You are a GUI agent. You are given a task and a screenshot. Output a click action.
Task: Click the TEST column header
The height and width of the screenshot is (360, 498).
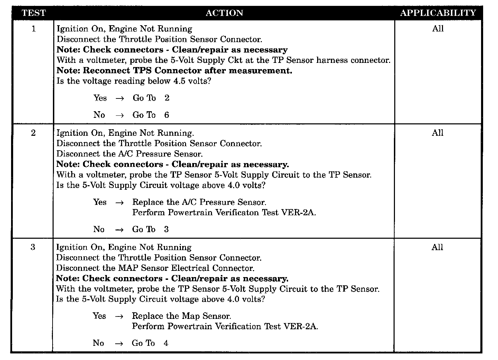coord(33,13)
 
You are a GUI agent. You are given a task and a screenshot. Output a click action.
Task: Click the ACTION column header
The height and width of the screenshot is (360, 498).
coord(224,13)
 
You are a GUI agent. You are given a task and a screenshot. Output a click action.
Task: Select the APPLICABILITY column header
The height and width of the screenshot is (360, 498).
coord(438,13)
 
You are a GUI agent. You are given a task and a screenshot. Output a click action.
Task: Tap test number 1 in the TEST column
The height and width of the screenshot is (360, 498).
coord(34,29)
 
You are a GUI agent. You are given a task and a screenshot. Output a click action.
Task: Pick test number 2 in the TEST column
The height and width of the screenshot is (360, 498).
coord(33,133)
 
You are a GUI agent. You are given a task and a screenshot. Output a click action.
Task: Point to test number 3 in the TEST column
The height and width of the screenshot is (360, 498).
coord(33,247)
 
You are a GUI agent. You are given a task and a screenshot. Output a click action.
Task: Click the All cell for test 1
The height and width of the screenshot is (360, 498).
coord(438,29)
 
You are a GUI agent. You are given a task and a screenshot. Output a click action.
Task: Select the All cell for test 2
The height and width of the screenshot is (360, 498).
coord(437,133)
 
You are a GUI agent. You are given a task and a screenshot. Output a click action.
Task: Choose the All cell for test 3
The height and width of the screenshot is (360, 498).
coord(437,247)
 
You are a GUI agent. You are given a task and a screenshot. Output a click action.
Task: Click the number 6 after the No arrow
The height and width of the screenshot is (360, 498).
coord(167,115)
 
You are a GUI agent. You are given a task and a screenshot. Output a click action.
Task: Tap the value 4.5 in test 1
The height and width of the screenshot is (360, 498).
coord(177,82)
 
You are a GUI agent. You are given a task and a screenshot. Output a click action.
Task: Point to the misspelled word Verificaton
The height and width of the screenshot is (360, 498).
coord(237,212)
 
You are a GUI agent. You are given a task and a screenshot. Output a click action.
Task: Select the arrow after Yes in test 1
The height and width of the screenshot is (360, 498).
coord(120,98)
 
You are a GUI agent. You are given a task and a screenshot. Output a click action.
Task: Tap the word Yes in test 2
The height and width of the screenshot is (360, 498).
coord(100,202)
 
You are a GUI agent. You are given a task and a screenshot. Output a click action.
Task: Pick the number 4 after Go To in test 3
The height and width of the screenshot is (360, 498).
coord(166,343)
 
